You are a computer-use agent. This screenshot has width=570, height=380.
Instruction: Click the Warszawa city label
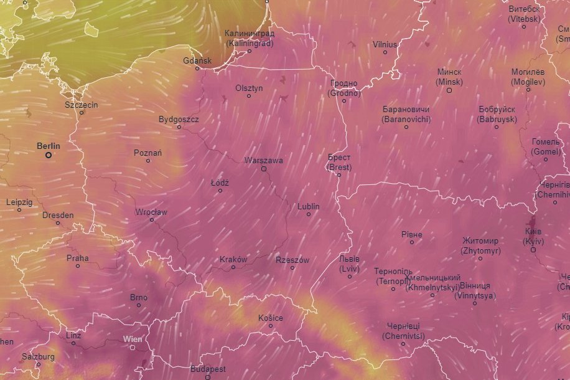click(x=264, y=160)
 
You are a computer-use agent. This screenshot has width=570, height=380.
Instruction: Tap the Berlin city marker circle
click(x=49, y=155)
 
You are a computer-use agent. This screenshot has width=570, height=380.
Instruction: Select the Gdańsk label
click(x=198, y=60)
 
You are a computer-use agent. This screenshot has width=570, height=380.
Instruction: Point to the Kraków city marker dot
click(x=233, y=267)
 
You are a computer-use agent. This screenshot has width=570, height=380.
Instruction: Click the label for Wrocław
click(x=151, y=212)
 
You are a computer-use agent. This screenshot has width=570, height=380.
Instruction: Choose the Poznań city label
click(x=148, y=153)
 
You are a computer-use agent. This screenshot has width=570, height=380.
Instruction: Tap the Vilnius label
click(x=385, y=44)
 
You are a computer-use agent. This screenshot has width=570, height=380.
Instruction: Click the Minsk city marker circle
click(x=449, y=90)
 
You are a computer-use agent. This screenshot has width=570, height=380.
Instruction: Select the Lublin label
click(x=309, y=206)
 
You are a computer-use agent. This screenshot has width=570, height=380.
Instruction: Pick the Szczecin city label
click(x=82, y=105)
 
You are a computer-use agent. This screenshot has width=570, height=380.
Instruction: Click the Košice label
click(x=271, y=318)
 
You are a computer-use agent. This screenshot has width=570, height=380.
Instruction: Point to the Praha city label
click(x=78, y=258)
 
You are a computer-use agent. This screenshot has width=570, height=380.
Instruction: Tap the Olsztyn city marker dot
click(x=249, y=96)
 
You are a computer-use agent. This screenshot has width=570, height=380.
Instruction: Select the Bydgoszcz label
click(x=179, y=119)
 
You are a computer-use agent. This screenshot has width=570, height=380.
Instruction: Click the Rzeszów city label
click(x=292, y=260)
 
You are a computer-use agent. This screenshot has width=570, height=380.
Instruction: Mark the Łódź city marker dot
click(x=220, y=191)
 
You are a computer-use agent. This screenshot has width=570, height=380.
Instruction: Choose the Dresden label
click(x=58, y=215)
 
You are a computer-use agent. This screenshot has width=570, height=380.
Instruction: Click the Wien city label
click(x=133, y=339)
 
